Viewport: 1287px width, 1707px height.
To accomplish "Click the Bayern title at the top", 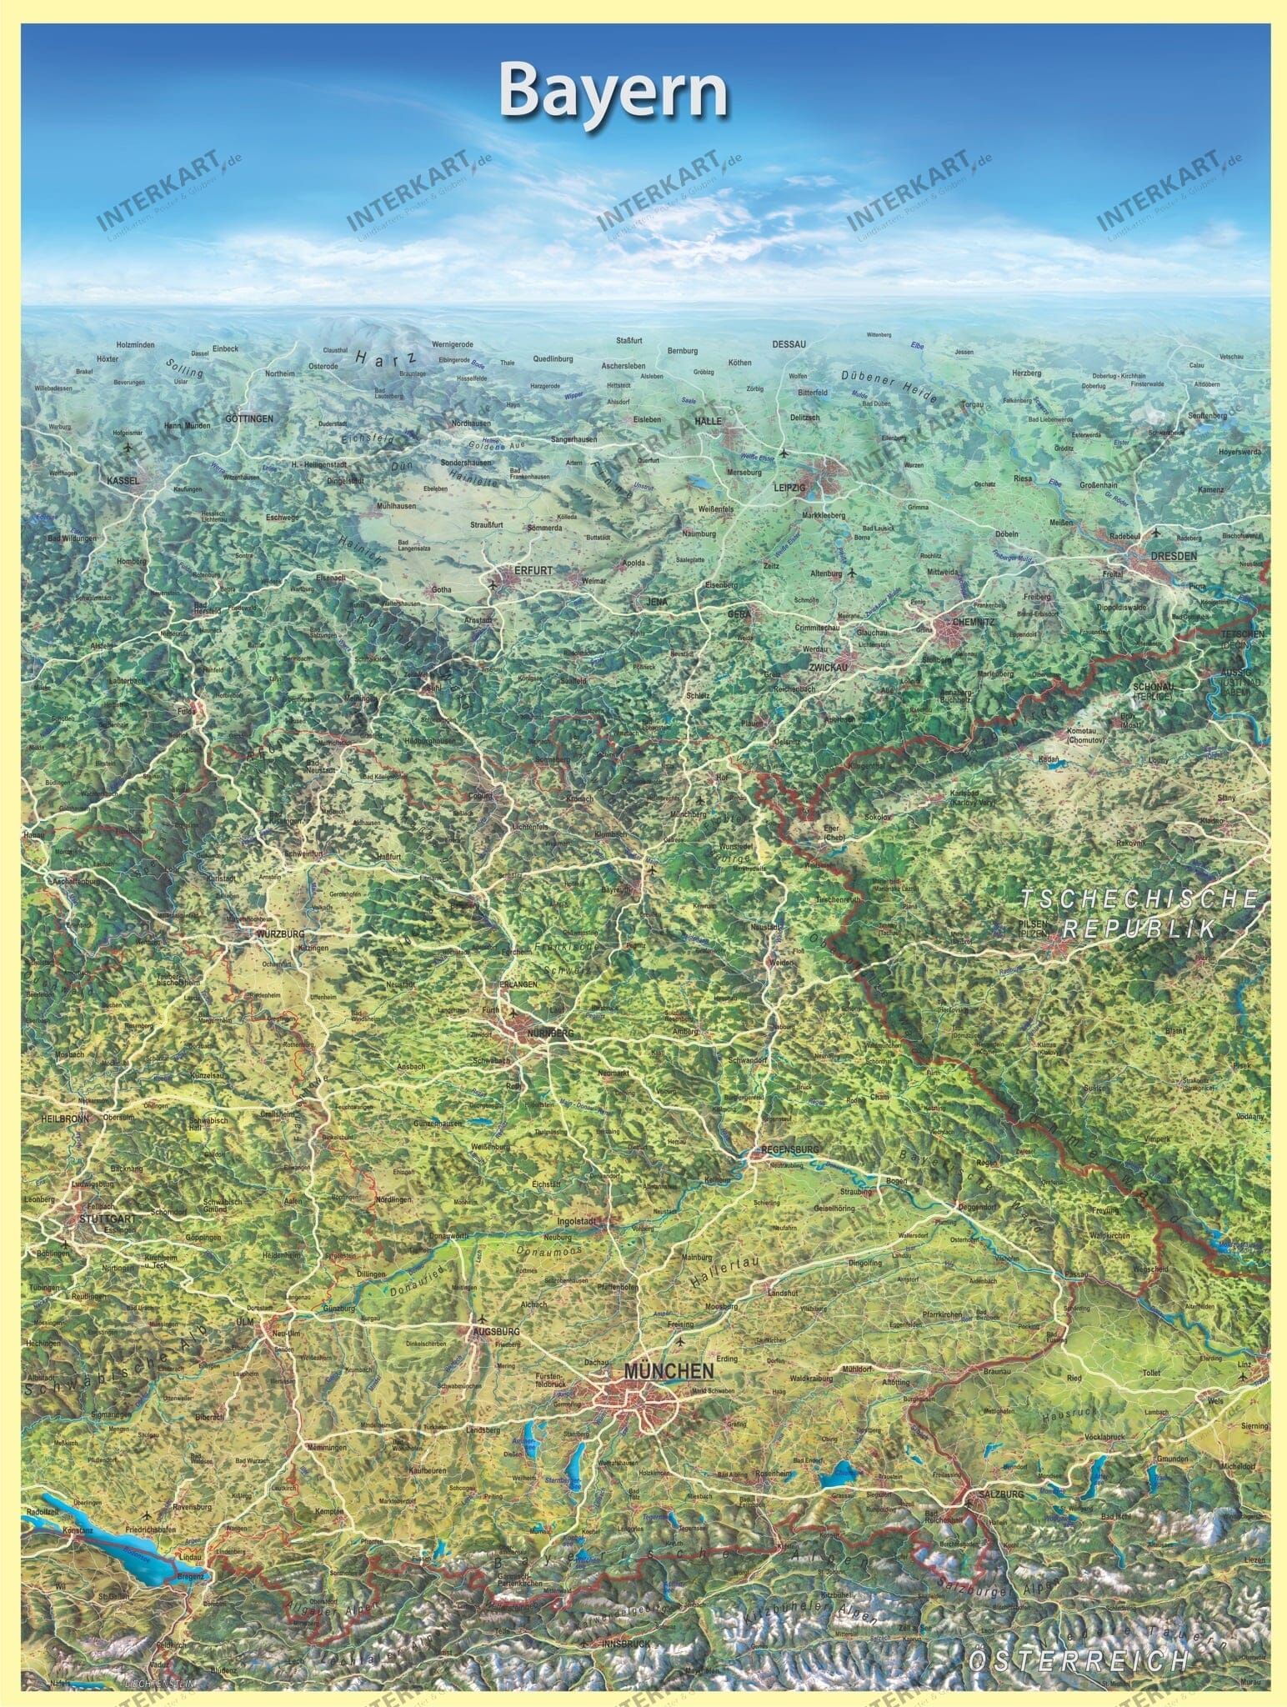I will point(614,93).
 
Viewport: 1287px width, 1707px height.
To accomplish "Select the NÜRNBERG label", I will point(551,1034).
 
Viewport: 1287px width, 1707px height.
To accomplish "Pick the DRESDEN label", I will point(1173,555).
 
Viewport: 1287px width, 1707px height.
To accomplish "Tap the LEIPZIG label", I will point(791,488).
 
